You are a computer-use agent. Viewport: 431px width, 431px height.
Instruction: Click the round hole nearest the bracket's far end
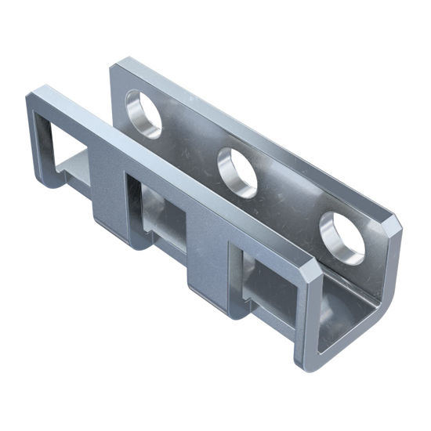[143, 113]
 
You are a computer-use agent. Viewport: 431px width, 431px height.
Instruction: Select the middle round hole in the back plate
[238, 172]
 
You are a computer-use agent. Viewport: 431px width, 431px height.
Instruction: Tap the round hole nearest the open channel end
[342, 235]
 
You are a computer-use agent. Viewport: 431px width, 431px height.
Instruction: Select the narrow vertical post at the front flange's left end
[34, 141]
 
